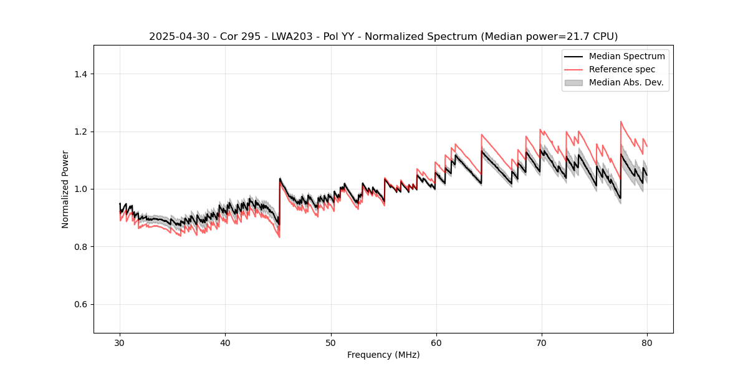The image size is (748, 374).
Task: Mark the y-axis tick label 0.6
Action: [x=80, y=304]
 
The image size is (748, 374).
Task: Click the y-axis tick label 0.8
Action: [x=80, y=247]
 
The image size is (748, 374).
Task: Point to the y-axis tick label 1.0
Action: [x=80, y=189]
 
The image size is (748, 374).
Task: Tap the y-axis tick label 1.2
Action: [x=80, y=132]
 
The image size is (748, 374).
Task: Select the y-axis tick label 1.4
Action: [x=80, y=74]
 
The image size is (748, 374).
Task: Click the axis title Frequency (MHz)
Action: [x=383, y=355]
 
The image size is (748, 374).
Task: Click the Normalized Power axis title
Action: [x=65, y=189]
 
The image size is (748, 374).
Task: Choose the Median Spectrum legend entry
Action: [x=626, y=56]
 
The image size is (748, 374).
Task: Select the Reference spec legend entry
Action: [x=621, y=69]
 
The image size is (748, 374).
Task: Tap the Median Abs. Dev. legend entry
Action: [x=626, y=82]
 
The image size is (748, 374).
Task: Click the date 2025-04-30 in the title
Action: [x=176, y=37]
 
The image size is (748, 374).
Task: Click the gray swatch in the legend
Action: [x=573, y=82]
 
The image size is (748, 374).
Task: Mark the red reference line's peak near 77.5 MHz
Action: [x=621, y=122]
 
